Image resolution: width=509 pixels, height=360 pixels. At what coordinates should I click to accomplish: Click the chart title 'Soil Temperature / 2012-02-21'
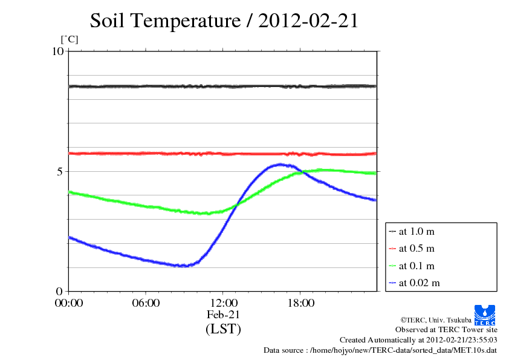224,21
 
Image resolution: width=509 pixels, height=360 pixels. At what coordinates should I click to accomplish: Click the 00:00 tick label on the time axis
69,303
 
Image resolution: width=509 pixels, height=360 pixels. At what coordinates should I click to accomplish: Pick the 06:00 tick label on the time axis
146,303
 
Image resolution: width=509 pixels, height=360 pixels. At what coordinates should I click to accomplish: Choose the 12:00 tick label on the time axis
223,303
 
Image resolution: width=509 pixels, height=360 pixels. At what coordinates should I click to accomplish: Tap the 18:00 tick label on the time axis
300,303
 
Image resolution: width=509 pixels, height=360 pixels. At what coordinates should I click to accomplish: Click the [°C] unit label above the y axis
70,40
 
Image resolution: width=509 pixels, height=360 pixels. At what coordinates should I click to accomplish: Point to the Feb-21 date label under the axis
223,315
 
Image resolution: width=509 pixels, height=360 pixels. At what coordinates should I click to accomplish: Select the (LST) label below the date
223,329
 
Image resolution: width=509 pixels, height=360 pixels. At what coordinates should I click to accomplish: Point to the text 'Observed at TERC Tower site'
446,330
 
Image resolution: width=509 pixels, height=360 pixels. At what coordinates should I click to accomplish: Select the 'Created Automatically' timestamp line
418,340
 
